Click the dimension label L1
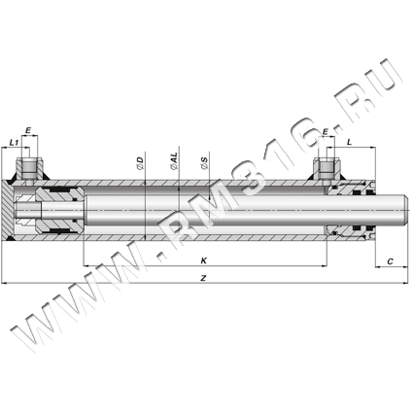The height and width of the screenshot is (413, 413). pos(14,142)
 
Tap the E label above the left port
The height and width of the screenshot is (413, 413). pos(28,130)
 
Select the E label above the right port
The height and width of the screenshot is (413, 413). pos(326,132)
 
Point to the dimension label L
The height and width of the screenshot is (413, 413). pos(349,142)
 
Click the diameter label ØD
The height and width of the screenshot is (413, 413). pos(140,163)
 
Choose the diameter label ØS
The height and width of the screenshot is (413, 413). pos(204,163)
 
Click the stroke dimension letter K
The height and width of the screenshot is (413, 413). pos(204,260)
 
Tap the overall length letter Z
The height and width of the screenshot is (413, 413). pos(203,278)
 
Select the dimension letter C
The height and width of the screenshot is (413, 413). pos(391,261)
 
